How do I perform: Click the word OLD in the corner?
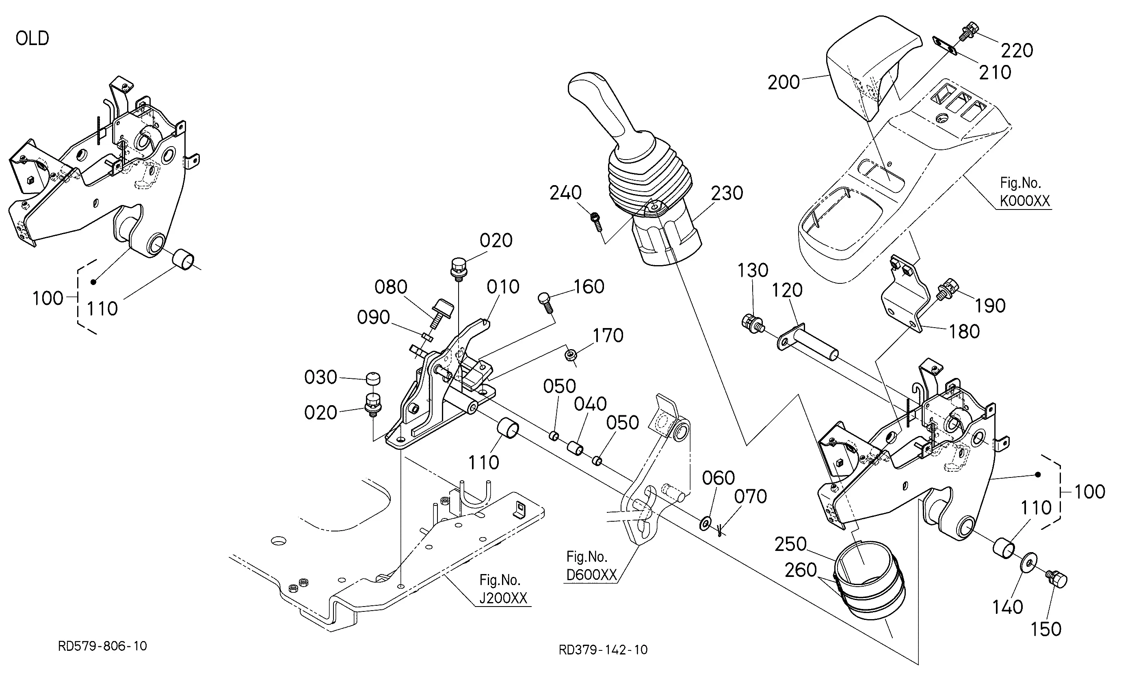tap(32, 39)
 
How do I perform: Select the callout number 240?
tap(565, 193)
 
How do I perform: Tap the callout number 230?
tap(727, 193)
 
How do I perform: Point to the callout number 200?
tap(784, 83)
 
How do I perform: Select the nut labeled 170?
tap(570, 354)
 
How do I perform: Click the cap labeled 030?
tap(373, 379)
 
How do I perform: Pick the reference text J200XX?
tap(503, 598)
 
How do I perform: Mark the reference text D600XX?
tap(591, 575)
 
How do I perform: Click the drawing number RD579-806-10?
tap(102, 646)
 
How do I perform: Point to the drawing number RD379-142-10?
tap(603, 650)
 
